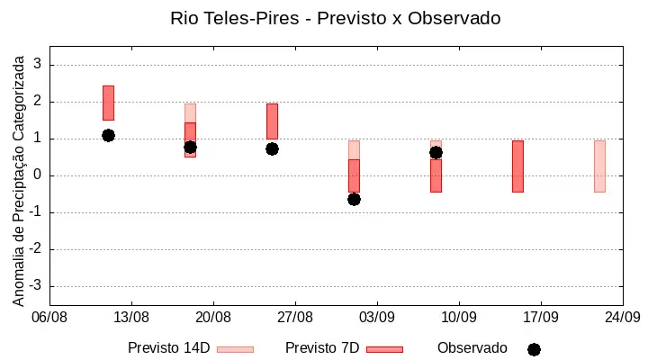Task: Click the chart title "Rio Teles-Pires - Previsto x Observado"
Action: tap(336, 18)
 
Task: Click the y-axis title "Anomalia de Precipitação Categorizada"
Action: tap(18, 181)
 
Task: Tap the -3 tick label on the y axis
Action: tap(35, 285)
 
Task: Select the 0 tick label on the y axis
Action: tap(38, 175)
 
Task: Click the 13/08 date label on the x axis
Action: tap(131, 318)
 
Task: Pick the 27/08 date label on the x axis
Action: tap(295, 318)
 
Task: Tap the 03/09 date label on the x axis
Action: tap(377, 318)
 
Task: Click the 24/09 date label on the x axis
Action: tap(623, 318)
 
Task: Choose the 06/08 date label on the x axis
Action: tap(49, 318)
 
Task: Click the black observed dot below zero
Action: tap(354, 200)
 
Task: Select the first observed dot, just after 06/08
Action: tap(108, 135)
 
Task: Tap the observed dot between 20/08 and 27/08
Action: tap(272, 149)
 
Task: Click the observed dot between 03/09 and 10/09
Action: tap(436, 153)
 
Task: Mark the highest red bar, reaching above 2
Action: tap(108, 103)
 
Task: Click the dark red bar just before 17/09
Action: tap(517, 166)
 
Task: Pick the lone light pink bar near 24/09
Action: tap(599, 166)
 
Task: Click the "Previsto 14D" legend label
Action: tap(169, 348)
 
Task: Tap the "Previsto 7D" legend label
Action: tap(322, 348)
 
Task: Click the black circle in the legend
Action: tap(534, 350)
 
